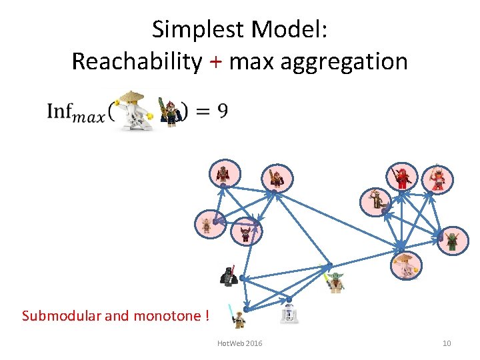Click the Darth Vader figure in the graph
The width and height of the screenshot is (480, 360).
point(229,276)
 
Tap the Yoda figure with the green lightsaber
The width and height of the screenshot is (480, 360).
point(335,282)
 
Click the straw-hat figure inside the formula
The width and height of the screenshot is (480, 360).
point(135,110)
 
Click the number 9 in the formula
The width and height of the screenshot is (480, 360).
point(222,111)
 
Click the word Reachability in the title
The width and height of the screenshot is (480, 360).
point(136,61)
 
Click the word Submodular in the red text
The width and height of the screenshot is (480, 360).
point(61,315)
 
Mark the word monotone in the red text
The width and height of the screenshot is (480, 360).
point(165,315)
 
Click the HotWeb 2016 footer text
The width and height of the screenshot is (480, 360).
point(240,343)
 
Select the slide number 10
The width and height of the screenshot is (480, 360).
point(447,343)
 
